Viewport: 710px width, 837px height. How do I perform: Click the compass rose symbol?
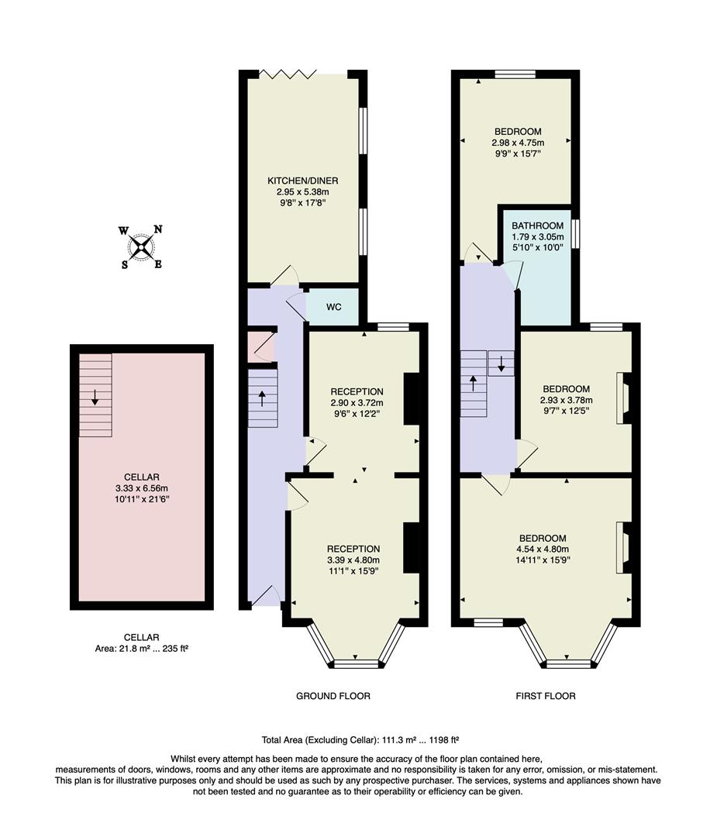(x=140, y=247)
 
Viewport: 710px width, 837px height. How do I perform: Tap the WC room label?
(x=333, y=307)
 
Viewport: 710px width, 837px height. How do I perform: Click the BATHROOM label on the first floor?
(x=537, y=226)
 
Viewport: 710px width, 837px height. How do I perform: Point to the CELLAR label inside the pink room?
(x=141, y=477)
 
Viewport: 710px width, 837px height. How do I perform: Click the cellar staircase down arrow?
(x=95, y=397)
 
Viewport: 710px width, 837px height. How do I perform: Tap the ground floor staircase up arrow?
(x=262, y=398)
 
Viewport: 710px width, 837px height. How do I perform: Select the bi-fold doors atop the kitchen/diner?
(x=288, y=74)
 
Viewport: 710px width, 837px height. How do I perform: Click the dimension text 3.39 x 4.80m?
(x=353, y=560)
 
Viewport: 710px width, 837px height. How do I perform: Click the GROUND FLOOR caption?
(x=333, y=696)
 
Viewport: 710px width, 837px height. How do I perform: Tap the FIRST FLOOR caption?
(x=546, y=696)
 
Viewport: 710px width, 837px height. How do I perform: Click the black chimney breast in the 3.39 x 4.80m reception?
(x=412, y=548)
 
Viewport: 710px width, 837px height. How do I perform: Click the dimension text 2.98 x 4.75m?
(x=517, y=143)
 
